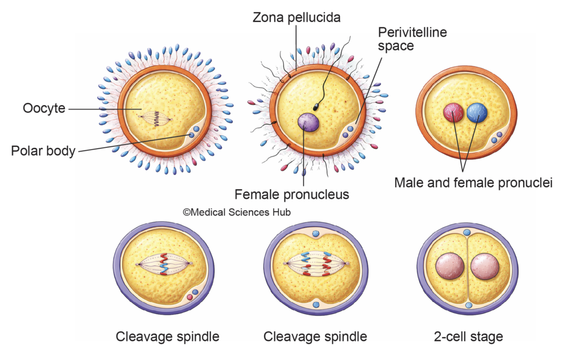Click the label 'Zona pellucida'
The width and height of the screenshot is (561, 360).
[x=296, y=18]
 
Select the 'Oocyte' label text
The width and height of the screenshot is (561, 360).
[x=44, y=108]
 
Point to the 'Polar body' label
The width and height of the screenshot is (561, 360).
[x=43, y=151]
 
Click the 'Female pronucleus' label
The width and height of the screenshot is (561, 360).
[x=291, y=194]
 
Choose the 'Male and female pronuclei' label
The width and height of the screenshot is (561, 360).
[x=473, y=182]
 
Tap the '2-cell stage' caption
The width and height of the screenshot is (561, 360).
[x=467, y=336]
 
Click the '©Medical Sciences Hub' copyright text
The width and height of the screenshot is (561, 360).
[x=237, y=212]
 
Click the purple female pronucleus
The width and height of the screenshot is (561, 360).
[x=308, y=122]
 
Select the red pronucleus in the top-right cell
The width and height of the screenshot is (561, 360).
[x=453, y=112]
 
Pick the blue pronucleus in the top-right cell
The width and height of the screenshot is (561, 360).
[x=477, y=112]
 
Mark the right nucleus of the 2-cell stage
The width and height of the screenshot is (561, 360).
[x=485, y=266]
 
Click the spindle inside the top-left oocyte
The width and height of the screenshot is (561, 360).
[x=157, y=116]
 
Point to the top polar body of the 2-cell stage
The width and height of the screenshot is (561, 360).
[x=467, y=232]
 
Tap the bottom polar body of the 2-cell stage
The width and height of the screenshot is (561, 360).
[x=467, y=305]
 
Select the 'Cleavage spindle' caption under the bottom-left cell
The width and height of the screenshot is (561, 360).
[x=167, y=336]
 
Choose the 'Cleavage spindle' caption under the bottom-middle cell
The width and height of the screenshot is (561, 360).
[x=315, y=336]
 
